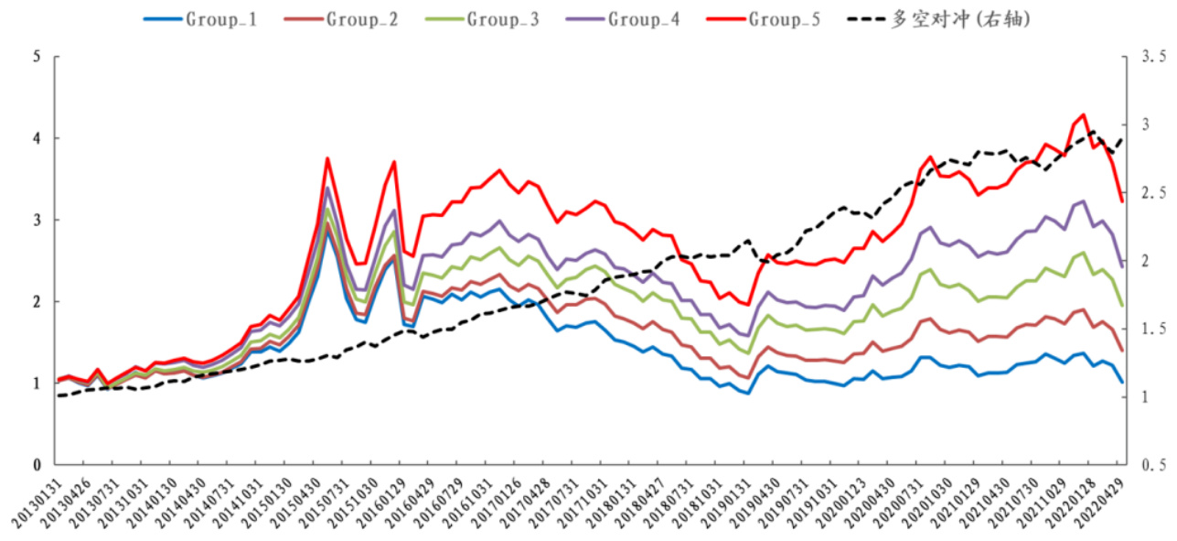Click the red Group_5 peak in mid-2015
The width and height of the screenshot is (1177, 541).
[327, 158]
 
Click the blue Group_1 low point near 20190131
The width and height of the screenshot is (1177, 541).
[749, 394]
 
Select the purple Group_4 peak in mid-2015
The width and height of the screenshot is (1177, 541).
[327, 188]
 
